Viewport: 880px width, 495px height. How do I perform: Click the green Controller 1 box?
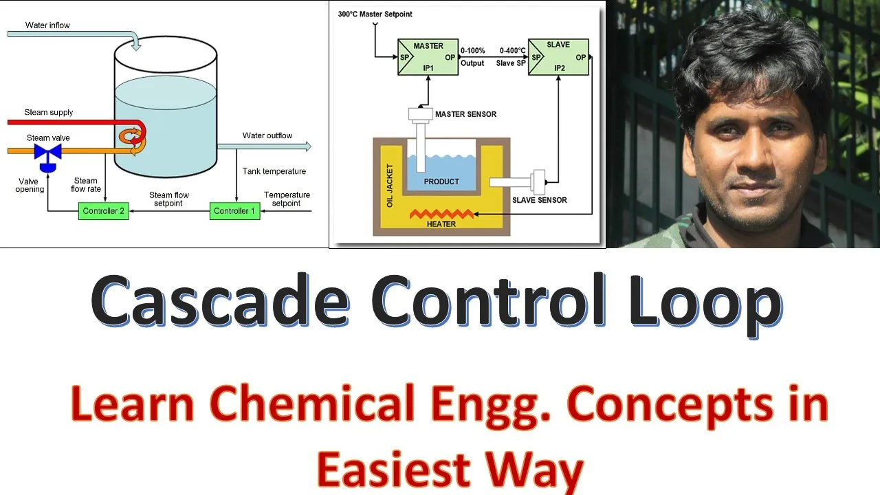pyautogui.click(x=234, y=211)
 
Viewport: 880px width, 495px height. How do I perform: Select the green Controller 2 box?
pyautogui.click(x=104, y=211)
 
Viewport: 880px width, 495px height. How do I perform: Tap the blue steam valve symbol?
pyautogui.click(x=48, y=153)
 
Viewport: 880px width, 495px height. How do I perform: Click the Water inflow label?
pyautogui.click(x=47, y=25)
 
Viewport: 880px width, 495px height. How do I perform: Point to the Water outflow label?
pyautogui.click(x=267, y=135)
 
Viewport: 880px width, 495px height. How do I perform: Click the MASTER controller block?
pyautogui.click(x=428, y=57)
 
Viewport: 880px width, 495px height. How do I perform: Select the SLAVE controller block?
pyautogui.click(x=558, y=57)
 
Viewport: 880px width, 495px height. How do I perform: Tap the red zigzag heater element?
pyautogui.click(x=441, y=214)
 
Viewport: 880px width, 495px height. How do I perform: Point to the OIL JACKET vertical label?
pyautogui.click(x=390, y=186)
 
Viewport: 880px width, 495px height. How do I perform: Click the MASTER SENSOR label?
pyautogui.click(x=465, y=114)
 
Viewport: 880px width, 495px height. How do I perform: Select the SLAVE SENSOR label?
pyautogui.click(x=540, y=200)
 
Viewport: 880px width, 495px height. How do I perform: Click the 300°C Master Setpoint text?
pyautogui.click(x=375, y=14)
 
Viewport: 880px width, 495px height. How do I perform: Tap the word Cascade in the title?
pyautogui.click(x=219, y=300)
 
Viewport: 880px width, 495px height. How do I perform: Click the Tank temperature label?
pyautogui.click(x=274, y=171)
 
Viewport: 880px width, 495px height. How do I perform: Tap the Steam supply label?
pyautogui.click(x=49, y=112)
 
